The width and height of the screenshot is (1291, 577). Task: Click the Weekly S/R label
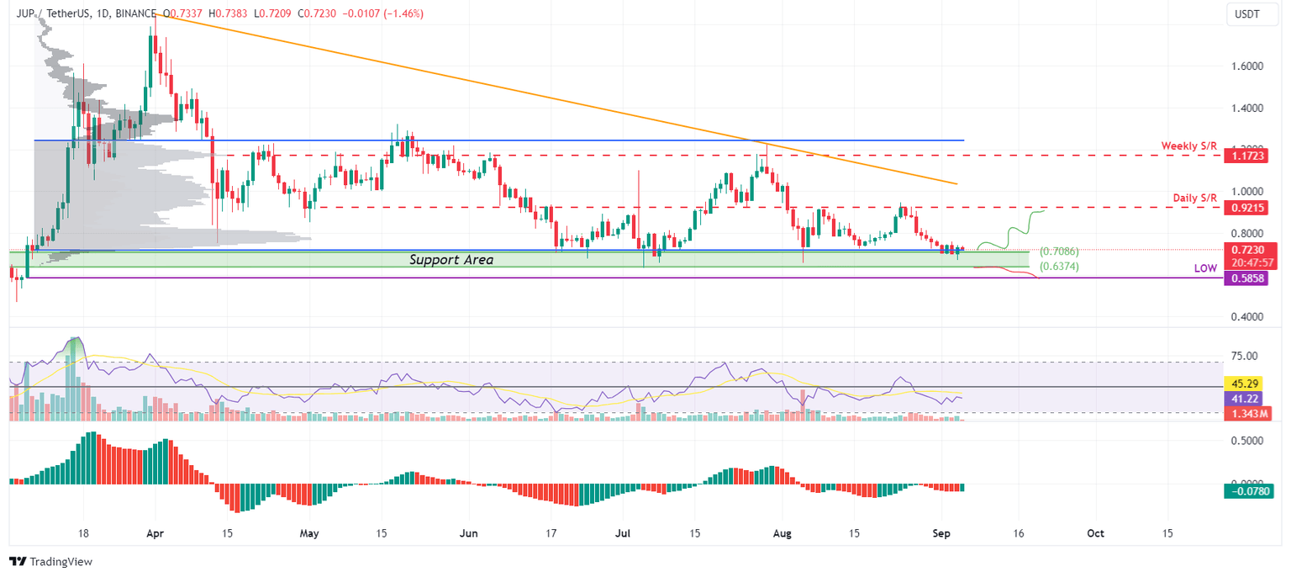[x=1188, y=146]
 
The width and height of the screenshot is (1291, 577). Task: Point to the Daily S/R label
[x=1194, y=198]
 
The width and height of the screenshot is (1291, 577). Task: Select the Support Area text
[x=451, y=260]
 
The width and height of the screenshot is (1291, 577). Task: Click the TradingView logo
[x=50, y=561]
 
